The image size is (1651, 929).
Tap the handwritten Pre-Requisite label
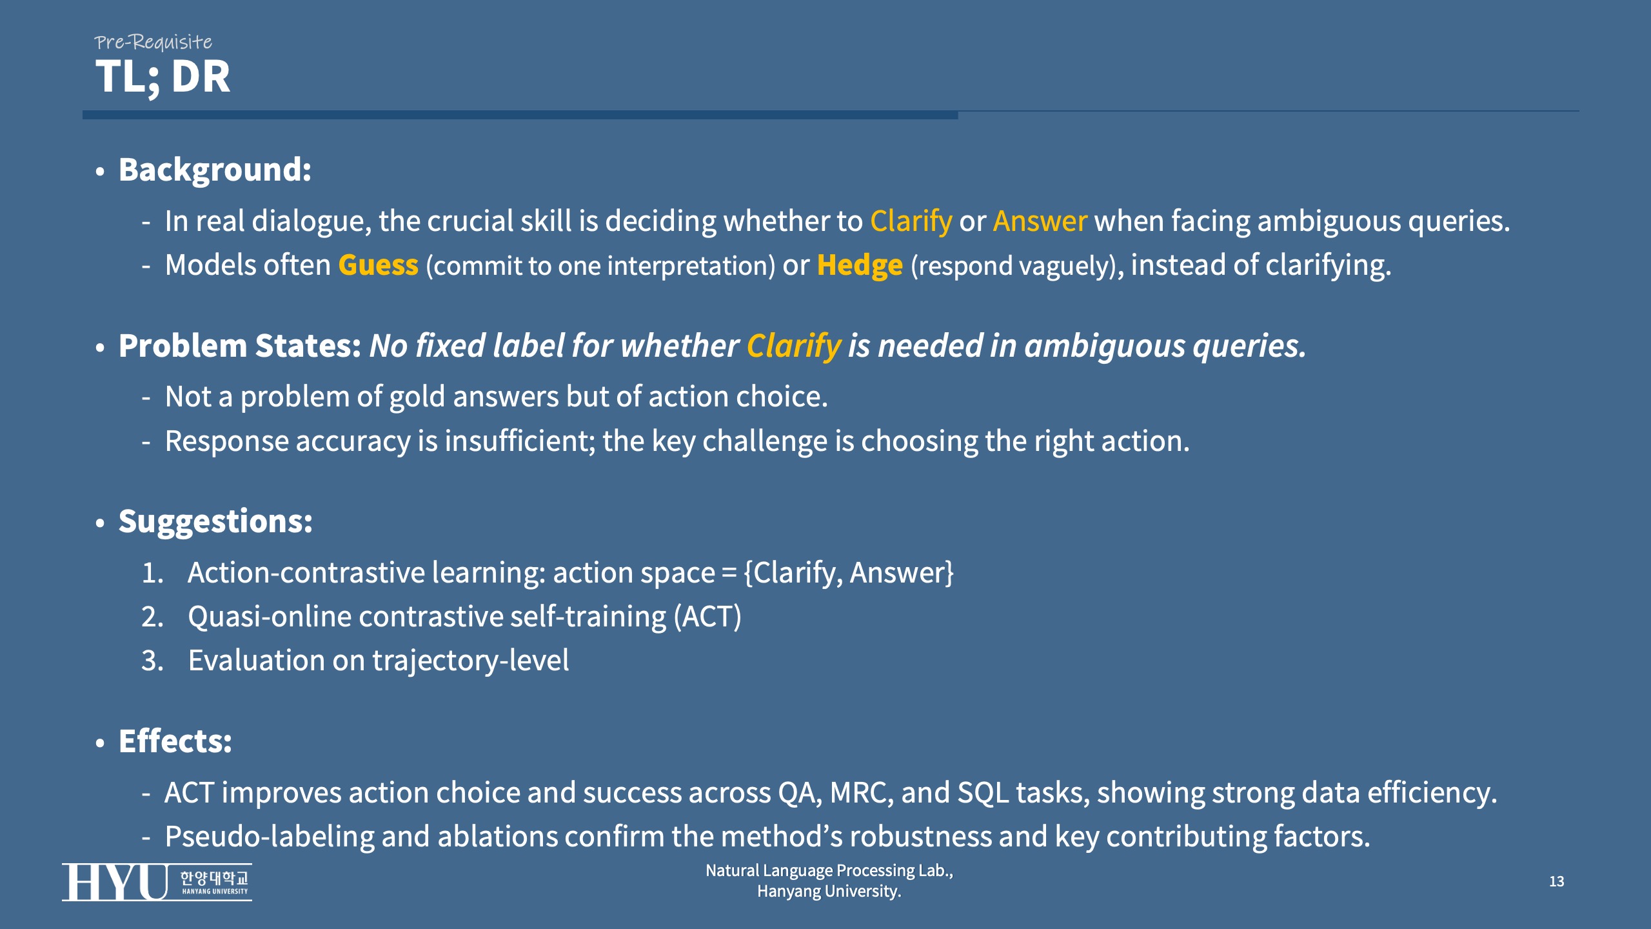(153, 42)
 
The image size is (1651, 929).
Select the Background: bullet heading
(215, 170)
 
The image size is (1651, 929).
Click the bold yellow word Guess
(378, 265)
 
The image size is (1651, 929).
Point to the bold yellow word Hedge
(860, 265)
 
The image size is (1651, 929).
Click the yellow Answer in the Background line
(1040, 221)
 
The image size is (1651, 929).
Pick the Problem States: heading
(240, 346)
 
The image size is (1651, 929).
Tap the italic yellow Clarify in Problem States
(794, 346)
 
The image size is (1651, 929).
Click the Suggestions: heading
(215, 521)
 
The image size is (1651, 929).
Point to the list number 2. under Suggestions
(153, 617)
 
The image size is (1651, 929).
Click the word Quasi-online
(270, 617)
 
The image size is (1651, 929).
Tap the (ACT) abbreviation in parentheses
(707, 617)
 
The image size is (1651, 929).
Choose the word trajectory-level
(471, 661)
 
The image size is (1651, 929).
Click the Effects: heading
(175, 741)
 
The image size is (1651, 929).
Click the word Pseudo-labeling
(270, 837)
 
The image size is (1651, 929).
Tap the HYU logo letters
(115, 882)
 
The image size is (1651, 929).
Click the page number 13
(1556, 881)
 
